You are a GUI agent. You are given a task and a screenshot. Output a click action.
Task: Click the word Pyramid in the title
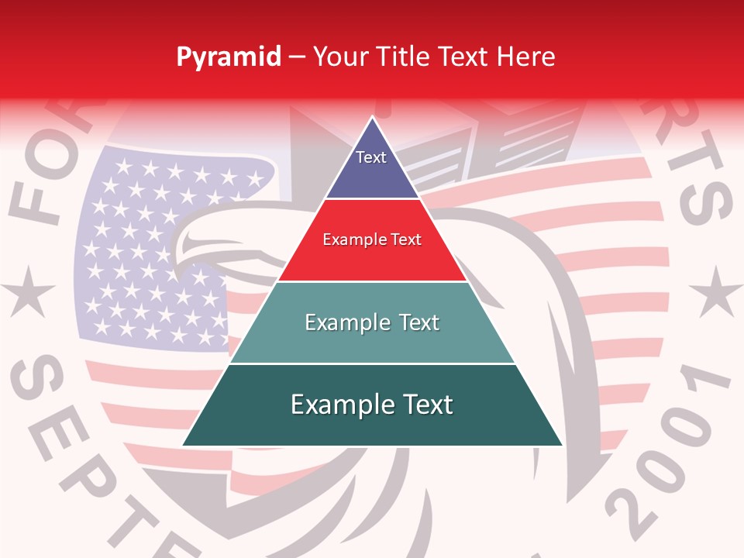pyautogui.click(x=228, y=57)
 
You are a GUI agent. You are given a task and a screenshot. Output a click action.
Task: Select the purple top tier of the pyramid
pyautogui.click(x=372, y=167)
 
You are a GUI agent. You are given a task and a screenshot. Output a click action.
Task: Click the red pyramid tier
pyautogui.click(x=372, y=240)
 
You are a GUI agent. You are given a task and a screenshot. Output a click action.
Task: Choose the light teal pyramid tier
pyautogui.click(x=372, y=322)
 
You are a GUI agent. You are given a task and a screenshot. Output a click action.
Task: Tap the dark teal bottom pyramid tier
pyautogui.click(x=372, y=405)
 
